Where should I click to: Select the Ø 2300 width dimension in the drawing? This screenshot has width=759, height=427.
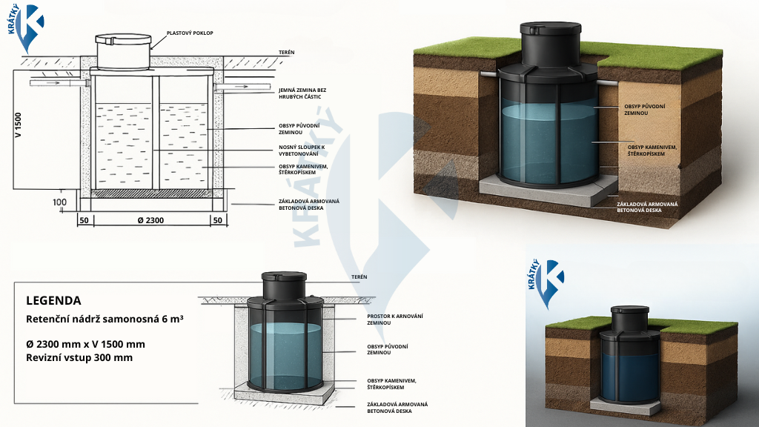click(x=150, y=220)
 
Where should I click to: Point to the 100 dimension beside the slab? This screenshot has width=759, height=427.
click(x=59, y=202)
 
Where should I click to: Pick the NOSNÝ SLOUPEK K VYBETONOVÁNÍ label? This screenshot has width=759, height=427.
click(x=298, y=150)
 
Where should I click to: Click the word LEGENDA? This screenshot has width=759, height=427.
click(x=53, y=300)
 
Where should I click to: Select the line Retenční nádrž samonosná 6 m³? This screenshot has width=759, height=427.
click(x=105, y=319)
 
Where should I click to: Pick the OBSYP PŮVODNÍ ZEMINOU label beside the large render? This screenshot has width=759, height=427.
click(x=644, y=109)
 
